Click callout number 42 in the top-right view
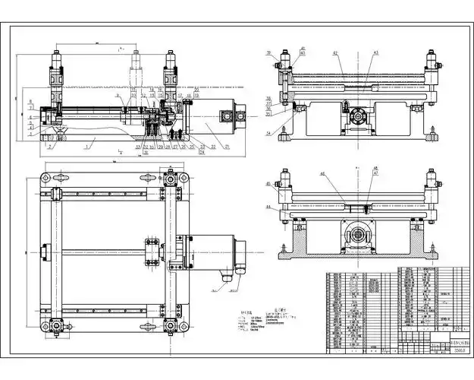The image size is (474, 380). (x=334, y=52)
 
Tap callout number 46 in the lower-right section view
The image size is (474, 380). (x=343, y=174)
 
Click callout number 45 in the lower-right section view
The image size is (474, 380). (x=269, y=184)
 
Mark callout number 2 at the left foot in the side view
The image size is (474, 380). (x=50, y=145)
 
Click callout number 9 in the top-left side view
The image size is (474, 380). (x=118, y=97)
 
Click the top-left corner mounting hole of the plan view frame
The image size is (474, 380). (x=46, y=177)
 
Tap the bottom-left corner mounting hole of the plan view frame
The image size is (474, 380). (x=46, y=327)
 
